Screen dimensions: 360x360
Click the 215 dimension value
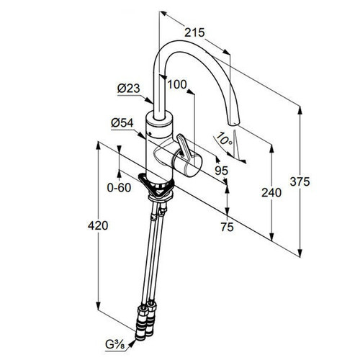tap(194, 32)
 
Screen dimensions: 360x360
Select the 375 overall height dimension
tap(300, 181)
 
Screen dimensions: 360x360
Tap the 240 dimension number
tap(271, 192)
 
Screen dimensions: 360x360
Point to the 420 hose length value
tap(98, 225)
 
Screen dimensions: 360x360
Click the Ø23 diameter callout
tap(128, 89)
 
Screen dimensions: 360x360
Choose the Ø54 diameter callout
tap(122, 123)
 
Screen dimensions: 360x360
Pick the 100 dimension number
tap(177, 84)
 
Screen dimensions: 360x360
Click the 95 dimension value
tap(221, 171)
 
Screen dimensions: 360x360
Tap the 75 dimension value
tap(227, 227)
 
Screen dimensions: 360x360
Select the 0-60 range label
tap(119, 187)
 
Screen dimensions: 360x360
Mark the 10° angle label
tap(225, 139)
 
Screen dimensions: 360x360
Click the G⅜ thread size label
tap(115, 345)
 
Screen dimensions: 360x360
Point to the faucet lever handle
tap(184, 148)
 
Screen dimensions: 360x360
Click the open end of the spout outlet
tap(233, 123)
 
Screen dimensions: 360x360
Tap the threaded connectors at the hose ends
tap(145, 320)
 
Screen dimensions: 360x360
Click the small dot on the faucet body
tap(150, 133)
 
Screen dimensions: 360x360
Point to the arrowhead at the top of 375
tap(300, 110)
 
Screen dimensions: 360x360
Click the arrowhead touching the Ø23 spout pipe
tap(149, 101)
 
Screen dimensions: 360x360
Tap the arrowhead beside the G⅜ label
tap(132, 343)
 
